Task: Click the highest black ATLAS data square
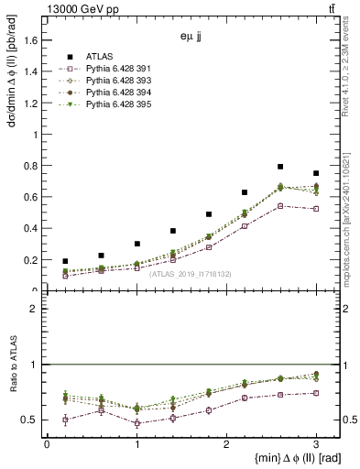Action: click(280, 167)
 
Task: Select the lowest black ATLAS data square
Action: click(65, 261)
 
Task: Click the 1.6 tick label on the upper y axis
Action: click(31, 40)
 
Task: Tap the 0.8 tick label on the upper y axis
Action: click(31, 166)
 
